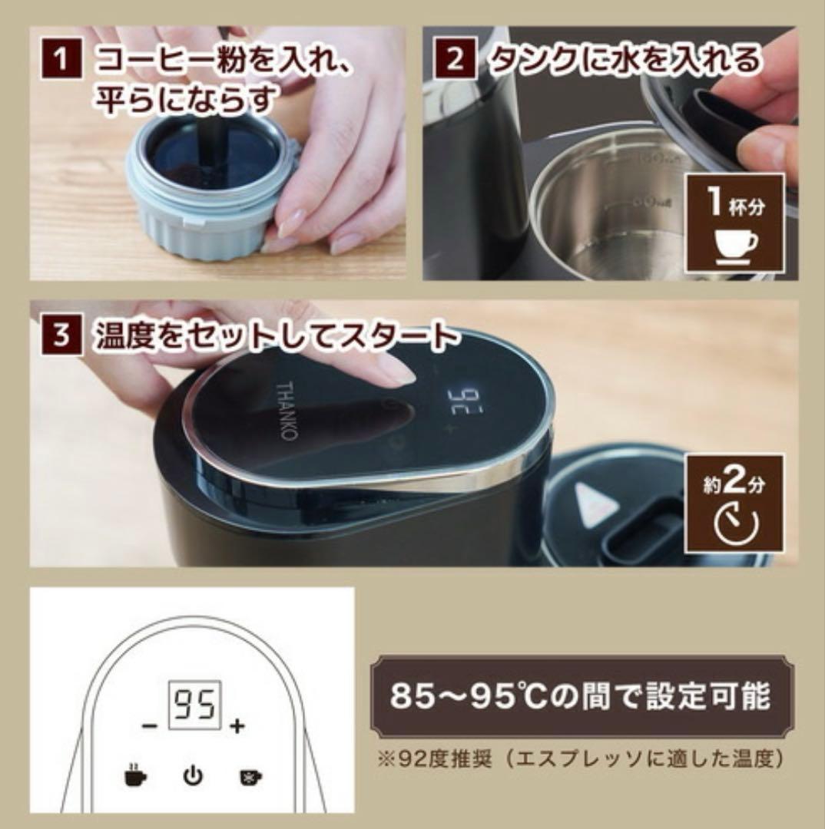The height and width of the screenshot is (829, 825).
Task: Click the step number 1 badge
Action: click(62, 59)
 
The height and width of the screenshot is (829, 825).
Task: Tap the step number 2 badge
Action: click(455, 59)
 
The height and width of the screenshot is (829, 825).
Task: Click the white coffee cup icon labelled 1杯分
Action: click(736, 246)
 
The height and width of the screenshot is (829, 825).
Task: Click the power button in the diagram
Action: click(193, 775)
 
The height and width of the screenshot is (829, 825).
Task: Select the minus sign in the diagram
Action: click(150, 726)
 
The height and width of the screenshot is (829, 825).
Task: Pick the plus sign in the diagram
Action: click(237, 726)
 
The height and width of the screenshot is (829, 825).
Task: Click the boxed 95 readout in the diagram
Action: click(194, 705)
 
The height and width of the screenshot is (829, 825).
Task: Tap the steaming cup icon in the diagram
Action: click(135, 775)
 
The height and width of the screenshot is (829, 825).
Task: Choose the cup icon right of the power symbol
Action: click(251, 776)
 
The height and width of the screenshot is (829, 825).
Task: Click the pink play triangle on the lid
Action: click(595, 501)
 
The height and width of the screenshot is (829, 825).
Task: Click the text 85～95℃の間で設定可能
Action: click(581, 695)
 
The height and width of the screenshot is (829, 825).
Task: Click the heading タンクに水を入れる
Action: click(625, 58)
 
